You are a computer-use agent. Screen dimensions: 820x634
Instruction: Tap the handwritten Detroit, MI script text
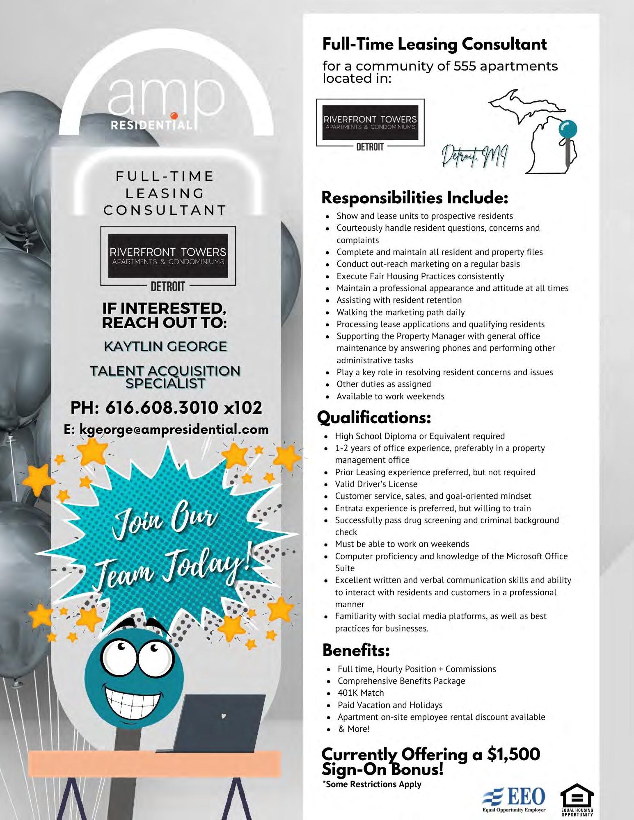point(474,157)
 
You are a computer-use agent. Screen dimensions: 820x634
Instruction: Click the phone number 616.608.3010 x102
point(166,408)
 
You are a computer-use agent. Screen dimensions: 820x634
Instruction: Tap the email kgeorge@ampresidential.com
point(166,429)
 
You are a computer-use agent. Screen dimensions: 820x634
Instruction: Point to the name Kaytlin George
point(165,346)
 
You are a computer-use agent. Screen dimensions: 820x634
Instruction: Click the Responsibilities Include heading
point(415,198)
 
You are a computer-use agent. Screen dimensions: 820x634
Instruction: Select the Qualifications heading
point(374,418)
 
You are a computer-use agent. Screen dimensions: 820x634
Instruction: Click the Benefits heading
point(356,650)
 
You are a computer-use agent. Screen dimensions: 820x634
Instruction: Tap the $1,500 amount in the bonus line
point(513,754)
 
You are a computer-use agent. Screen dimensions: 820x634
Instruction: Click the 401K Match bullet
point(361,692)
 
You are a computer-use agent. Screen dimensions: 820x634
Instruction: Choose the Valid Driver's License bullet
point(376,484)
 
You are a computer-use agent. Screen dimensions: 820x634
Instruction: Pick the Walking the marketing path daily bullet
point(401,312)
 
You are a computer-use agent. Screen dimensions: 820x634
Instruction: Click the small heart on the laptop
point(223,717)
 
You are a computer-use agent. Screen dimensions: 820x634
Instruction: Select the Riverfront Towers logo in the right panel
point(370,123)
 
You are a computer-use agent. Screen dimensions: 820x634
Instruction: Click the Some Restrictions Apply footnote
point(372,784)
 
